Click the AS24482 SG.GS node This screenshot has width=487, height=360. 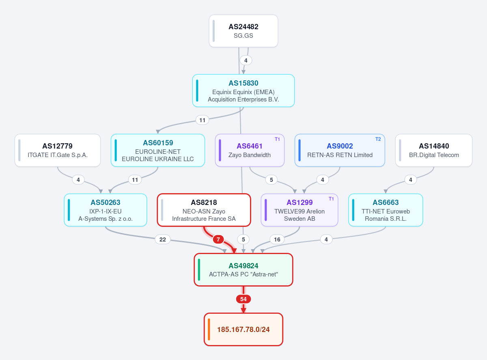(x=243, y=31)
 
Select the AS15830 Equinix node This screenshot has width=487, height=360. (x=243, y=91)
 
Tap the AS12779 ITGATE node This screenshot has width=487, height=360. (x=58, y=150)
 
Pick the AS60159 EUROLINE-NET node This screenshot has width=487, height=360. (x=157, y=150)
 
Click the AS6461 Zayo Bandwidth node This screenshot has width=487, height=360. (x=250, y=150)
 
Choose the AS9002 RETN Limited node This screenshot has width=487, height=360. (x=340, y=150)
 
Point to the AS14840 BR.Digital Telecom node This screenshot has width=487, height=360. (x=434, y=150)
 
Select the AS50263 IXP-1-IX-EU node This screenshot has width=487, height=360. (x=106, y=210)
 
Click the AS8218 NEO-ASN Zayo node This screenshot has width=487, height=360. (x=204, y=210)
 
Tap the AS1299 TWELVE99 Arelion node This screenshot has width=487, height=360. (x=299, y=210)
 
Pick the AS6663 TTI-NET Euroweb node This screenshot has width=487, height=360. (x=386, y=210)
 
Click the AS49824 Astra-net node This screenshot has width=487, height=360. (x=243, y=270)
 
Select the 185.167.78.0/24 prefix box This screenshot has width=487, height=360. (x=243, y=330)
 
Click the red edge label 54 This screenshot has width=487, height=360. (x=243, y=299)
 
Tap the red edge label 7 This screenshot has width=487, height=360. (x=218, y=239)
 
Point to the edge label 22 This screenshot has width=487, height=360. (x=162, y=239)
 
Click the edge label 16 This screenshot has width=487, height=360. (x=277, y=239)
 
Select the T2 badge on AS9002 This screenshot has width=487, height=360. (x=378, y=139)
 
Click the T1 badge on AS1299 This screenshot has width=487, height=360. (x=331, y=199)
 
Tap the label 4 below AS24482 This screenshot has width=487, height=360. (x=246, y=60)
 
